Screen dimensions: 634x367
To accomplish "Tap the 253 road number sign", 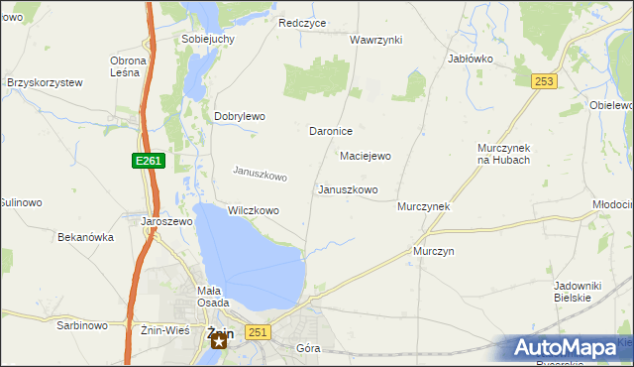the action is pos(542,82).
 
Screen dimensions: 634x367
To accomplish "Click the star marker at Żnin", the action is pos(219,340).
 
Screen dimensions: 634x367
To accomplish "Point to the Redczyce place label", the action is pos(303,23).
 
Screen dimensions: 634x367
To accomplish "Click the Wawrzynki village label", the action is pos(375,40).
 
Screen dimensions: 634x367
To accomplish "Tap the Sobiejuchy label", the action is pos(207,39).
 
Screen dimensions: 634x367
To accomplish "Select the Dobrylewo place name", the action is pos(240,116).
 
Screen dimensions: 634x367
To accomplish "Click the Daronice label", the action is pos(331,131).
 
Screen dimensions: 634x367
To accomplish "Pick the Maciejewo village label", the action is pos(366,156).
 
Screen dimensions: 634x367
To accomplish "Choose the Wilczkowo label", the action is pos(254,210).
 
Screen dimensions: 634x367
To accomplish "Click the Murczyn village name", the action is pos(434,252).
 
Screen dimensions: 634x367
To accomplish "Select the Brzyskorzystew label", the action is pos(45,83).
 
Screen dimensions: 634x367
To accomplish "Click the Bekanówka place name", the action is pos(86,238).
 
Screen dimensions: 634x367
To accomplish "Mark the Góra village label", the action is pos(310,349).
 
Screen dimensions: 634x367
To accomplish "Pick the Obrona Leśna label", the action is pos(128,66).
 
